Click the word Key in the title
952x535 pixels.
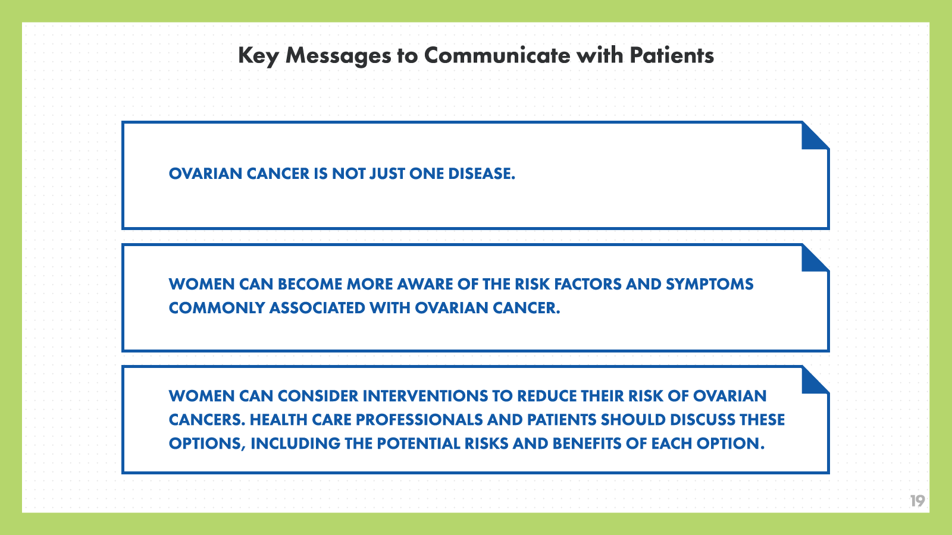tap(258, 56)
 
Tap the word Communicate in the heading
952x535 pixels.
tap(497, 55)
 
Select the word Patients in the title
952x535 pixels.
tap(672, 55)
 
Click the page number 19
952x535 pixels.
tap(917, 501)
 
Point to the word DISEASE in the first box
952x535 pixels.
tap(481, 174)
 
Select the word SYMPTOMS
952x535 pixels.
tap(709, 284)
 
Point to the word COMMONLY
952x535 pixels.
tap(217, 308)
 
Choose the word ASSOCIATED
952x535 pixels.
tap(317, 308)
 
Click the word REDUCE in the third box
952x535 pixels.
tap(547, 396)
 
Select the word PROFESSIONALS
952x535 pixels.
tap(419, 420)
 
